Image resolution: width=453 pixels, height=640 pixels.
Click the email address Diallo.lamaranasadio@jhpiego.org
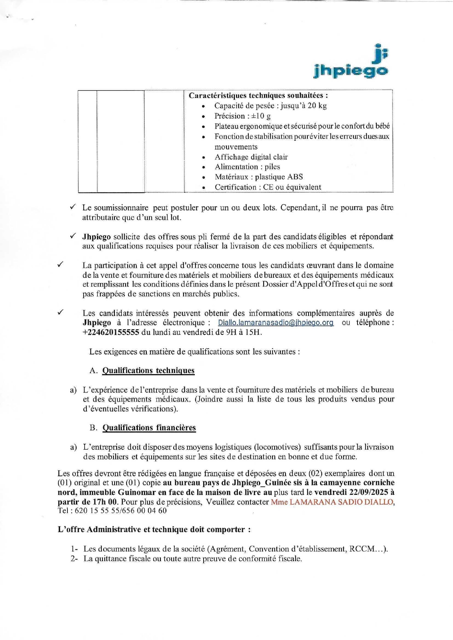tap(275, 323)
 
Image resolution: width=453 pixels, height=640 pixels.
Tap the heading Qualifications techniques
tap(148, 371)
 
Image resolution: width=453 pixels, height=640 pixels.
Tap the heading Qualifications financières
tap(149, 428)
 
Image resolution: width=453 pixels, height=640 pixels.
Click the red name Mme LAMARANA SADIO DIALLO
tap(332, 502)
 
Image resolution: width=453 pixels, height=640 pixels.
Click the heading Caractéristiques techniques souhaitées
tap(258, 96)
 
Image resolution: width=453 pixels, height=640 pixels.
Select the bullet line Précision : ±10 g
tap(243, 116)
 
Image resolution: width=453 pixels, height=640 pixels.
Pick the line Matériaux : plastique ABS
tap(259, 177)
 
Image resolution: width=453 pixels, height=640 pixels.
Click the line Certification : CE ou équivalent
tap(268, 187)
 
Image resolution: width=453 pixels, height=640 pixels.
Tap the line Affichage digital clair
tap(251, 157)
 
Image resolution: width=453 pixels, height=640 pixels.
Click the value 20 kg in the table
tap(317, 106)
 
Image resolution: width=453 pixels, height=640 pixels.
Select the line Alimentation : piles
tap(247, 167)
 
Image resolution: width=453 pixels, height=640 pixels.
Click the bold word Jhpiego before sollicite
tap(96, 237)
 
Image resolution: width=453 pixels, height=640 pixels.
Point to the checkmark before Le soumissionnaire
tap(73, 207)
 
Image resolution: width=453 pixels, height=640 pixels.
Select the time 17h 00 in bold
tap(105, 502)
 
